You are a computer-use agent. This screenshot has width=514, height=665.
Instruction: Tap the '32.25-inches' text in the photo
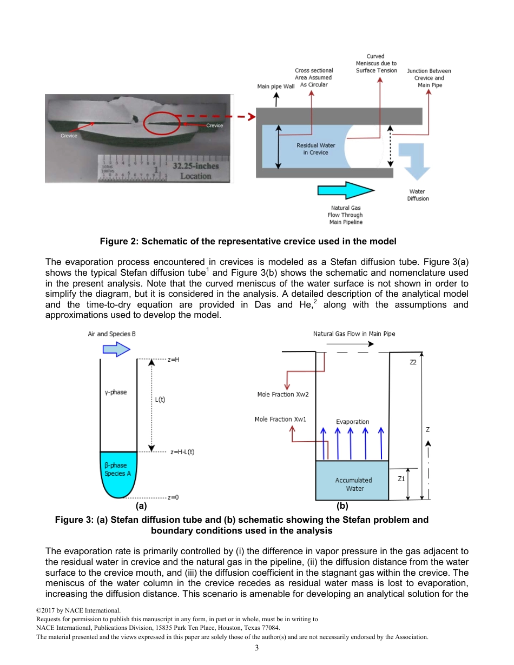click(195, 166)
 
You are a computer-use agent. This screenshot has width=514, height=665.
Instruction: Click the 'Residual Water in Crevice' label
click(315, 149)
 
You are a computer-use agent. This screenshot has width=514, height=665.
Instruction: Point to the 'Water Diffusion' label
click(417, 195)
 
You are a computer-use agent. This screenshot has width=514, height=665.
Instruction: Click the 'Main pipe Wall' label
click(275, 87)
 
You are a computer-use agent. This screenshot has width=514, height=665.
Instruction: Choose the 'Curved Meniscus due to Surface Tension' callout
click(376, 63)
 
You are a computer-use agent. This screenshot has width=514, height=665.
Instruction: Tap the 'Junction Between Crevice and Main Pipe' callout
click(429, 78)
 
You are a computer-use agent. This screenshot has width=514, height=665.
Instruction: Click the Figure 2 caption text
click(248, 241)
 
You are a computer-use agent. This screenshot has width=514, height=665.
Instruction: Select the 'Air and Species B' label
click(112, 334)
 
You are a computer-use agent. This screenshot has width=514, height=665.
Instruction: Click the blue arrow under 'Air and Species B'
click(116, 350)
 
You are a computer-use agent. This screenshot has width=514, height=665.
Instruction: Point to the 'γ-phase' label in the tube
click(116, 392)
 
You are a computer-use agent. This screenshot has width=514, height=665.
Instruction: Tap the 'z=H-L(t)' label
click(182, 451)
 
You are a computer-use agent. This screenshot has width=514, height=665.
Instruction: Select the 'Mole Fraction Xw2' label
click(282, 395)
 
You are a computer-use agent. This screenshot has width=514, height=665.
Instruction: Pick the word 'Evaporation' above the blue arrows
click(353, 422)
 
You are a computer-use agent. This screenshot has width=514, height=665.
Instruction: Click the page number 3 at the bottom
click(257, 648)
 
